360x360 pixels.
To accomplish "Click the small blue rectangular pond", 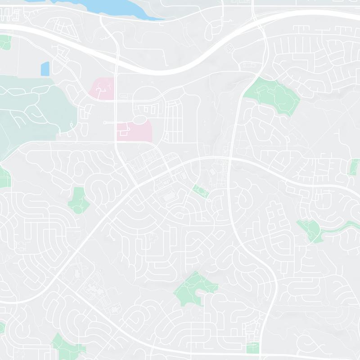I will (45, 68).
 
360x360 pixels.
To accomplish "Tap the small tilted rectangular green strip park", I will (200, 191).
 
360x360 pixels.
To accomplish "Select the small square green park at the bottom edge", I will (253, 348).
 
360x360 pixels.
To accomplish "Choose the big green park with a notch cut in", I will (194, 288).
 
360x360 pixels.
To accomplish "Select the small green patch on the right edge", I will (355, 167).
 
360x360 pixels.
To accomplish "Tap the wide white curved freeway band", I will (180, 67).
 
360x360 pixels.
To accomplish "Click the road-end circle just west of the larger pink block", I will (105, 122).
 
